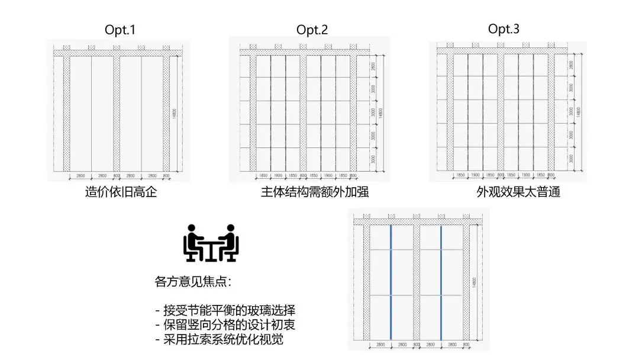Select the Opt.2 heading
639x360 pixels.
coord(312,30)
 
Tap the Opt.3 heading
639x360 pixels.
coord(504,29)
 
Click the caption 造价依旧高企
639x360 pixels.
coord(121,192)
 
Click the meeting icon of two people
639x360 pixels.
coord(211,243)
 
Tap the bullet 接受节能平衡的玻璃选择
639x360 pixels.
coord(225,311)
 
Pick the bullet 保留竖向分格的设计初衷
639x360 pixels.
coord(225,325)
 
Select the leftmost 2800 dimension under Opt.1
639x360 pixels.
coord(81,176)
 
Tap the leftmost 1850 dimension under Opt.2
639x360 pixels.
coord(263,176)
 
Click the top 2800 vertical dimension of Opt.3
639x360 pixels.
coord(570,65)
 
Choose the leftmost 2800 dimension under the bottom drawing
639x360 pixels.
coord(380,344)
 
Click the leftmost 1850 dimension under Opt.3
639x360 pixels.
coord(460,176)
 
